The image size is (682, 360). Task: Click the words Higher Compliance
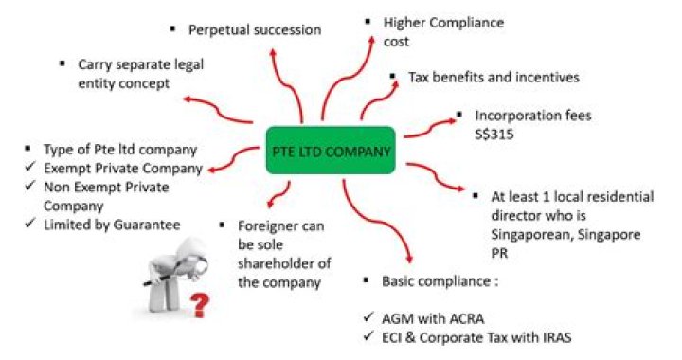pyautogui.click(x=443, y=22)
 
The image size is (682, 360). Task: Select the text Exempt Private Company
pyautogui.click(x=122, y=169)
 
